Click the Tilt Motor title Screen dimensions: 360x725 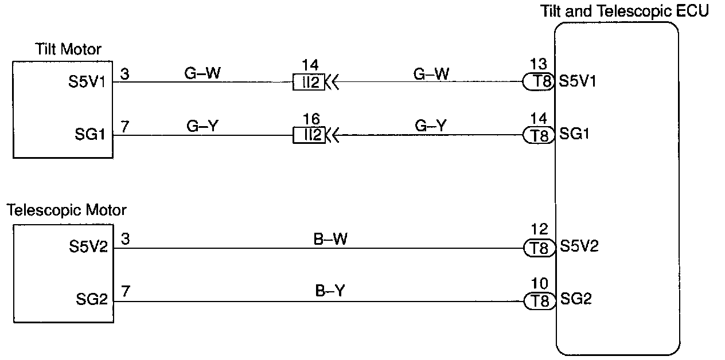(68, 49)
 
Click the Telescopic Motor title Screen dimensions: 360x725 (67, 210)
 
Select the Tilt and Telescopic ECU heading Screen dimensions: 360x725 (625, 11)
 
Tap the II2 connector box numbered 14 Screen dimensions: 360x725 (309, 83)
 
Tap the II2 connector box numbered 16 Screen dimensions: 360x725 (309, 136)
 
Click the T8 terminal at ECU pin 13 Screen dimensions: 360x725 (539, 83)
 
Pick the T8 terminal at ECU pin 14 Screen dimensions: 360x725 (539, 136)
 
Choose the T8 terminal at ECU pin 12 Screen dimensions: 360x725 (539, 248)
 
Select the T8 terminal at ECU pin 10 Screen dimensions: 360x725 (539, 300)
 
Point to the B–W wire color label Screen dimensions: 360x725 (331, 239)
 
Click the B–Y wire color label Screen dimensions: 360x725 (331, 291)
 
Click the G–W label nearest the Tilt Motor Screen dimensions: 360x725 (202, 73)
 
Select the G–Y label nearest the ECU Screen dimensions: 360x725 (431, 126)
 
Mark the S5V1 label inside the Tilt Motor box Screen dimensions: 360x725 (88, 81)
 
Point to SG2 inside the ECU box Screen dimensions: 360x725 (575, 299)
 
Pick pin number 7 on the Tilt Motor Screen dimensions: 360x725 (125, 126)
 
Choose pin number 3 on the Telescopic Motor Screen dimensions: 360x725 (125, 238)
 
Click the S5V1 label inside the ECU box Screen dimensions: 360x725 (578, 81)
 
